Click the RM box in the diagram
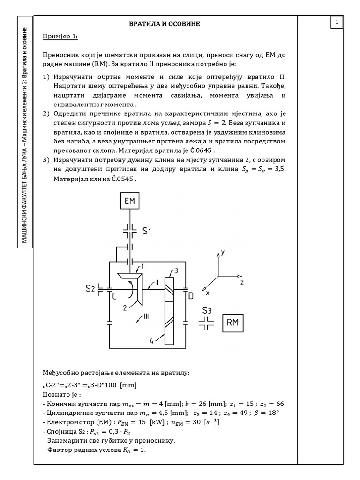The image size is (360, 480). point(233,323)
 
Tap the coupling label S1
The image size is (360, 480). point(147,231)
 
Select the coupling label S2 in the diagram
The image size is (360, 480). point(90,289)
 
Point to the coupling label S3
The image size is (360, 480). point(208,310)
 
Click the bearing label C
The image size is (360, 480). point(114,295)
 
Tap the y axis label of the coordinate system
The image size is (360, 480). point(223,252)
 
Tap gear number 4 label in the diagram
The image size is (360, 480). point(151,341)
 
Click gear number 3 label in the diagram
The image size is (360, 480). point(176,270)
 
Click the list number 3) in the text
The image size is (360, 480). point(46,160)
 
